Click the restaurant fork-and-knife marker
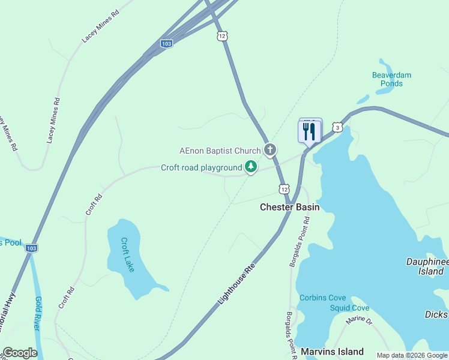(310, 131)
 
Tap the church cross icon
(270, 150)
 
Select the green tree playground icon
(252, 167)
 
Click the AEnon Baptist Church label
(220, 151)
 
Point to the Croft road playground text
(201, 167)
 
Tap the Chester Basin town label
(289, 207)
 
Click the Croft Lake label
(127, 255)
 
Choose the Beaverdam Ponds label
(391, 79)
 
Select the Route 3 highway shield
(339, 128)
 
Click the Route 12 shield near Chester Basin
(283, 189)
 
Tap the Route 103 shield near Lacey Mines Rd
(167, 44)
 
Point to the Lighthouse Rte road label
(237, 282)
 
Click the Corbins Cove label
(323, 298)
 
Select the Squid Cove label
(349, 308)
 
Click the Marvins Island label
(332, 352)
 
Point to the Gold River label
(37, 314)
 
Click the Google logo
(20, 353)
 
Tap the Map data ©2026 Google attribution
(412, 355)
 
